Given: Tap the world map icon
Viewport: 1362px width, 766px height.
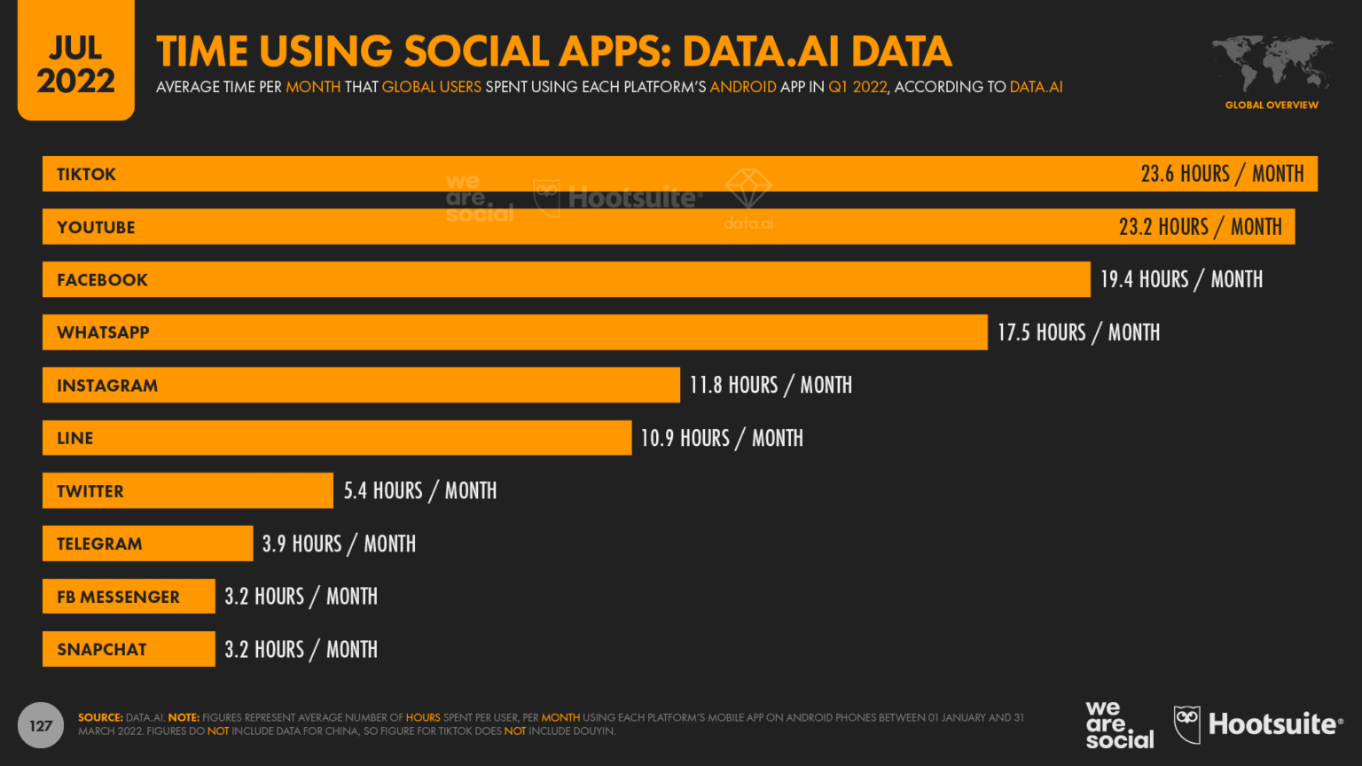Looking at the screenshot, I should click(x=1272, y=63).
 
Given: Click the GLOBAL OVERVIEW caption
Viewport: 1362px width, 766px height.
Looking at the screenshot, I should click(x=1272, y=106).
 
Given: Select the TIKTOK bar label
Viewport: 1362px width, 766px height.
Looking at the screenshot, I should click(x=87, y=175).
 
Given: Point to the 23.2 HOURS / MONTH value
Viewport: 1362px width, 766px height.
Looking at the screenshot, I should click(x=1200, y=227).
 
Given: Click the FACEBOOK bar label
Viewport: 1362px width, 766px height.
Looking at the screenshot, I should click(x=102, y=280).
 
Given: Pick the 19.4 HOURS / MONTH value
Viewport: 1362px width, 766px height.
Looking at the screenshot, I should click(x=1181, y=280).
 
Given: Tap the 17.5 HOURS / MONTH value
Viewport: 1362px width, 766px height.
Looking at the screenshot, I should click(x=1078, y=332).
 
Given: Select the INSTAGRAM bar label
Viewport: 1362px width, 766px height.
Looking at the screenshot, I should click(x=107, y=386).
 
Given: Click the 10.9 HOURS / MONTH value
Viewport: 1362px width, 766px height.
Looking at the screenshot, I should click(x=722, y=438).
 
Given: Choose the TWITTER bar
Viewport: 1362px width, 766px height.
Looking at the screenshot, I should click(x=188, y=491).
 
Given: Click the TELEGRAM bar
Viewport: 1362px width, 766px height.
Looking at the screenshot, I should click(x=147, y=543).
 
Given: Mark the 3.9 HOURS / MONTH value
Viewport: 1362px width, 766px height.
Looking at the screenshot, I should click(x=339, y=543).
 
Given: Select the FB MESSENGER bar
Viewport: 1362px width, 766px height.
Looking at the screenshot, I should click(x=129, y=597).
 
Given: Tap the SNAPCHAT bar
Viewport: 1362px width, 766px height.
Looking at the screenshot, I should click(x=129, y=649).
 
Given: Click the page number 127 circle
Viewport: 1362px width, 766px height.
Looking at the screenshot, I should click(x=41, y=725).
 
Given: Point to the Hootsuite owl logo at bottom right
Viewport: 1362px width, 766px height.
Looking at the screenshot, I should click(x=1186, y=724).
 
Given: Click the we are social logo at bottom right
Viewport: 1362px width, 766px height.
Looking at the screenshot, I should click(x=1119, y=725).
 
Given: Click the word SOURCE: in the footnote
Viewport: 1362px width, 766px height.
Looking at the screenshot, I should click(x=100, y=717).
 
